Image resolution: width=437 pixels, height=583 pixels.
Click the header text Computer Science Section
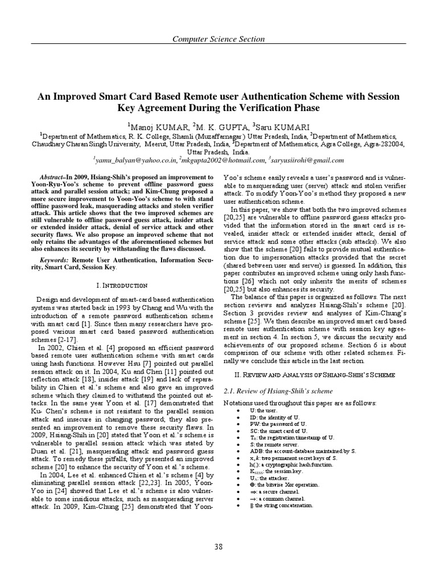[218, 39]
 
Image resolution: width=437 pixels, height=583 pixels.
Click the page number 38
[218, 547]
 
